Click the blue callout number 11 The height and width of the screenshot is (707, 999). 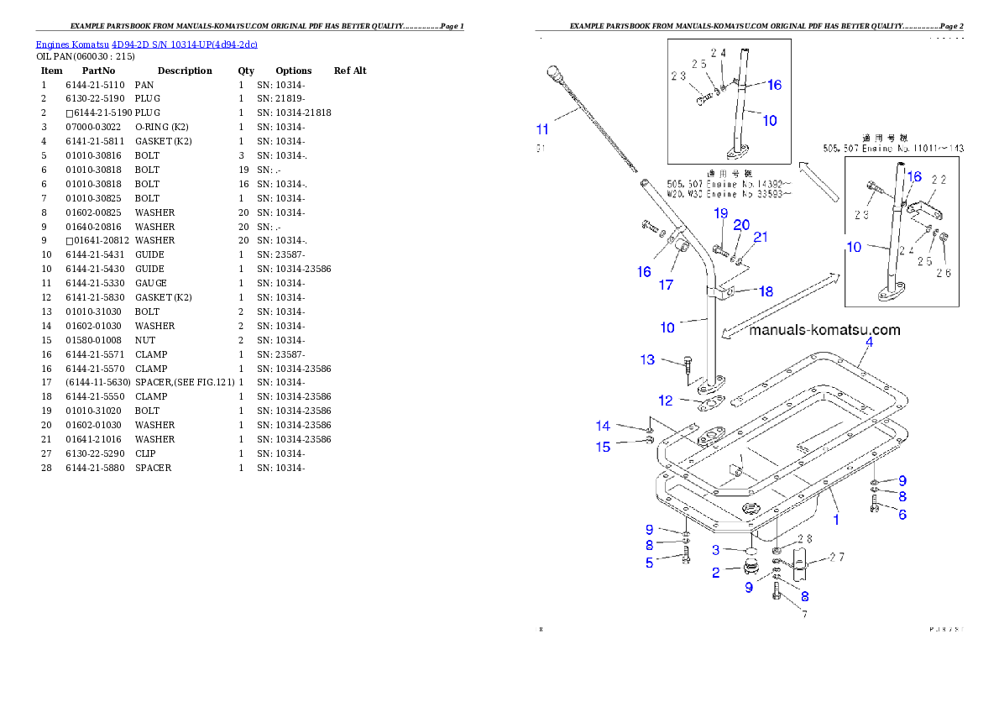[542, 129]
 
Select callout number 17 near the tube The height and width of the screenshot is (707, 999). [666, 285]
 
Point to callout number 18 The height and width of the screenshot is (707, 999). [766, 291]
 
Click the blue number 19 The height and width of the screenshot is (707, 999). [720, 213]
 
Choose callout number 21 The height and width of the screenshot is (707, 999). [760, 238]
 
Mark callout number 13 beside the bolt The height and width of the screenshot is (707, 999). [647, 359]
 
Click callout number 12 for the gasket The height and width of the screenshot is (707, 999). [665, 401]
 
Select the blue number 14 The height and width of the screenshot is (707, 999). [603, 427]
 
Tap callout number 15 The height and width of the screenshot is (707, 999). [603, 447]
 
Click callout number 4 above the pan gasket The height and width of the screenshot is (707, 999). [869, 342]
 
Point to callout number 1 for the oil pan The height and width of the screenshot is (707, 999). [835, 520]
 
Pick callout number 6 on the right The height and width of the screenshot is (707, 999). [902, 514]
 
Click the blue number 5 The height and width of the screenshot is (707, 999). [649, 563]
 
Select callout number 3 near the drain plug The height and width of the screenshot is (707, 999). [715, 550]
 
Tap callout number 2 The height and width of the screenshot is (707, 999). [715, 573]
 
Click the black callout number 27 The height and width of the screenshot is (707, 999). [836, 557]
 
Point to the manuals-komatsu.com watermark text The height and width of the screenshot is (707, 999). [824, 330]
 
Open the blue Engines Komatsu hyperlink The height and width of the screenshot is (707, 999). [146, 44]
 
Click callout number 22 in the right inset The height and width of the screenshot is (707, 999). [938, 180]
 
